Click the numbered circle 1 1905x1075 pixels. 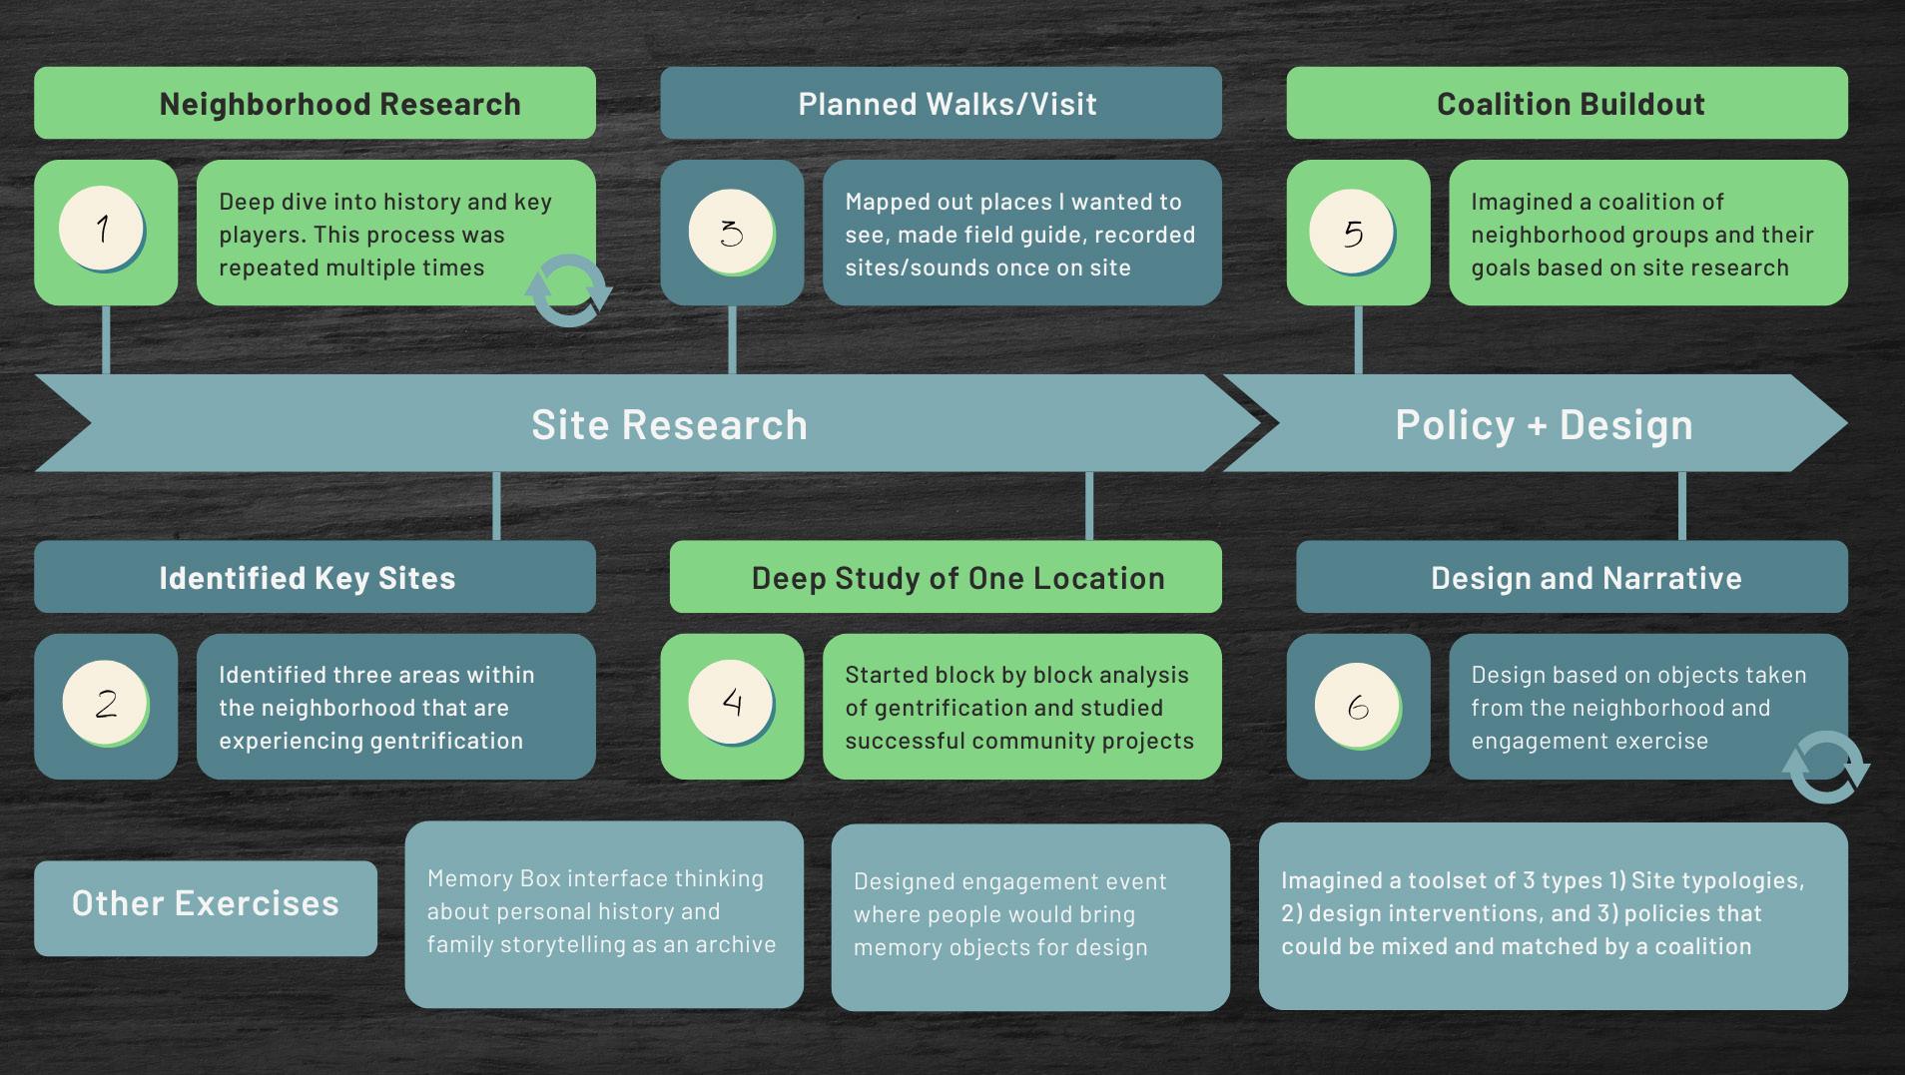(101, 229)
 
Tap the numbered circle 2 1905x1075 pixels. (105, 703)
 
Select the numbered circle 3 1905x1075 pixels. (731, 232)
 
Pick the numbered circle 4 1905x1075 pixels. (731, 702)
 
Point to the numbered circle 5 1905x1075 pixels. (1352, 232)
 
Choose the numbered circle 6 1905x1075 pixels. (1357, 706)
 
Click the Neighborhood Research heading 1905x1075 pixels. (339, 104)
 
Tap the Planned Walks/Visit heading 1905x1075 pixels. (947, 104)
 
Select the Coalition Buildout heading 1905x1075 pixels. (1570, 104)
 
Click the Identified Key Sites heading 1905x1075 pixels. (307, 578)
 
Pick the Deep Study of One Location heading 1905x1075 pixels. (957, 578)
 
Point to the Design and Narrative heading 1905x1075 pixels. (1586, 578)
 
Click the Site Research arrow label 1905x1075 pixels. (669, 425)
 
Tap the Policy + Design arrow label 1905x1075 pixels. (1544, 425)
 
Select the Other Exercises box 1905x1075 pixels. (206, 903)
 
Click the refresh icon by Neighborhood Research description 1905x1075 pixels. (568, 290)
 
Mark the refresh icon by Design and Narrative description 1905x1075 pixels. (1825, 767)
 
